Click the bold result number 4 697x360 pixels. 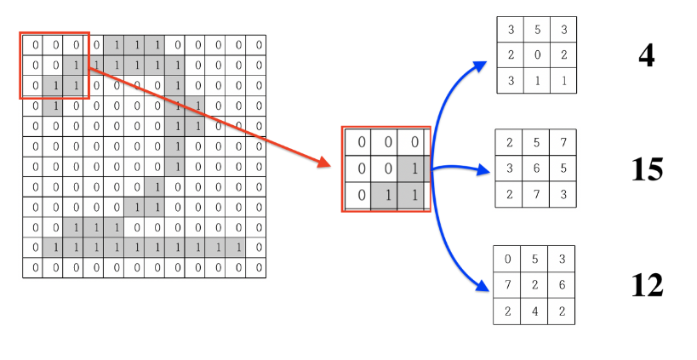point(647,56)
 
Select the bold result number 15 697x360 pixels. point(647,169)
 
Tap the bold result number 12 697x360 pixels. point(647,284)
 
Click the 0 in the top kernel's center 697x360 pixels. point(537,55)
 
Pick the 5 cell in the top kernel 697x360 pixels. point(537,31)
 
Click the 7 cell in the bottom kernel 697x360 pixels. point(508,285)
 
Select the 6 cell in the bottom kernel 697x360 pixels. point(562,285)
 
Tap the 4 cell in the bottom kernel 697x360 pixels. point(534,311)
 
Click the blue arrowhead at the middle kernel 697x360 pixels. point(487,171)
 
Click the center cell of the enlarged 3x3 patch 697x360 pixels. point(386,169)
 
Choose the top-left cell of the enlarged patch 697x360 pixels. point(360,142)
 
